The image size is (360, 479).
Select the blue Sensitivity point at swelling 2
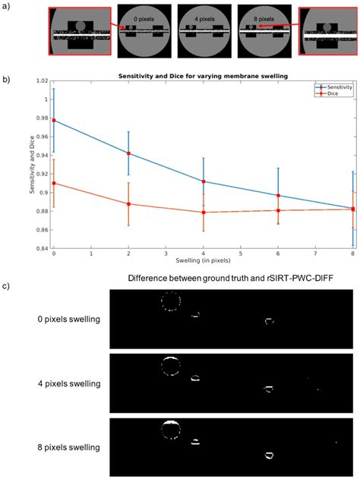[x=128, y=153]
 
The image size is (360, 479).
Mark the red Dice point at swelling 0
[x=53, y=183]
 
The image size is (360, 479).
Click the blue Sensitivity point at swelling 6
[x=278, y=195]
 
